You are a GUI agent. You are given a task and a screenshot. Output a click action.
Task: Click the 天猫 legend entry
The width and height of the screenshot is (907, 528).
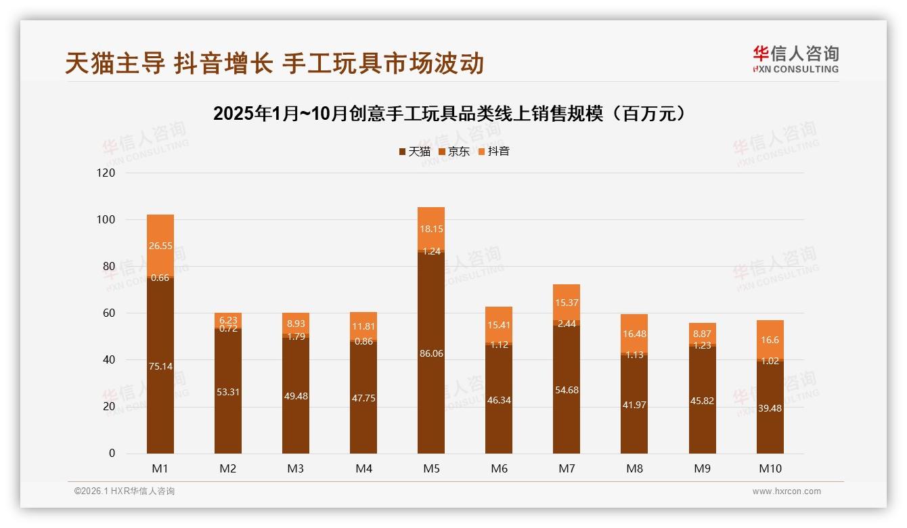pos(414,152)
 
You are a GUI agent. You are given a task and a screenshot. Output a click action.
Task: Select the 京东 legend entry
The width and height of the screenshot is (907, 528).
pos(454,152)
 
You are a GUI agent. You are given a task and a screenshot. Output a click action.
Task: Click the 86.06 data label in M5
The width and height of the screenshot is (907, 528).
pos(431,353)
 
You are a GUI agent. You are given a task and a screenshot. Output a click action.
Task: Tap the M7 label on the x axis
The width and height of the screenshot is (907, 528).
pos(567,468)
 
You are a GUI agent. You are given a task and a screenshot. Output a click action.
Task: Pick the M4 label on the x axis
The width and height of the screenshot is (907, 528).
pos(363,468)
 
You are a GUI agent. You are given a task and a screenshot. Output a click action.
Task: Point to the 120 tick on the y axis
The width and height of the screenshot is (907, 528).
pos(106,173)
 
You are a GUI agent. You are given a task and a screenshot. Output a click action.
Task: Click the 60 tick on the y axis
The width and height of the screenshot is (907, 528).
pos(108,313)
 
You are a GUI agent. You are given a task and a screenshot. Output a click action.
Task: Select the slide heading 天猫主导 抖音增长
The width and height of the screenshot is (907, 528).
pos(274,64)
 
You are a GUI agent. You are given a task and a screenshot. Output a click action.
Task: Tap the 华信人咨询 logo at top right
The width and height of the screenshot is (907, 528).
pos(795,60)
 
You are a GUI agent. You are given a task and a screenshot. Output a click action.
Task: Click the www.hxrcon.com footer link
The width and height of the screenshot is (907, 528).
pos(787,491)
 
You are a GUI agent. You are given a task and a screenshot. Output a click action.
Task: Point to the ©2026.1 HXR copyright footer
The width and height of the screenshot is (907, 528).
pos(124,491)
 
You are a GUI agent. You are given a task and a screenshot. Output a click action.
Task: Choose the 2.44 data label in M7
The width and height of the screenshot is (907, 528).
pos(567,324)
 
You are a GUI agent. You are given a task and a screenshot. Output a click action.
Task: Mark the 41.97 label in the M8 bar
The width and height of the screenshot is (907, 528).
pos(634,405)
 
